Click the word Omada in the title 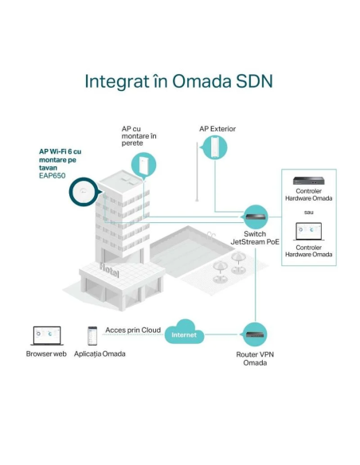click(x=202, y=81)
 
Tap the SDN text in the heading click(x=254, y=81)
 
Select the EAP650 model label click(x=53, y=175)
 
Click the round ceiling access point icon click(x=84, y=192)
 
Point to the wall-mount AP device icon click(x=144, y=165)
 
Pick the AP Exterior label click(x=217, y=129)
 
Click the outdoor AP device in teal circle click(x=214, y=147)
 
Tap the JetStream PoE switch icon click(x=255, y=217)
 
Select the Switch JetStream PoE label click(x=255, y=238)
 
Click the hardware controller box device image click(x=308, y=181)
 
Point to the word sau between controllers click(x=309, y=213)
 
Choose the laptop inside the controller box click(x=309, y=232)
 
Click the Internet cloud click(x=184, y=332)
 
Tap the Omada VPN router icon click(x=255, y=334)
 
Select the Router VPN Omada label click(x=255, y=358)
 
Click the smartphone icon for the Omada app click(x=92, y=336)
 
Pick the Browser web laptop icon click(x=47, y=336)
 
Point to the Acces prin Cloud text click(x=133, y=330)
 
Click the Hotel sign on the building click(x=109, y=269)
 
